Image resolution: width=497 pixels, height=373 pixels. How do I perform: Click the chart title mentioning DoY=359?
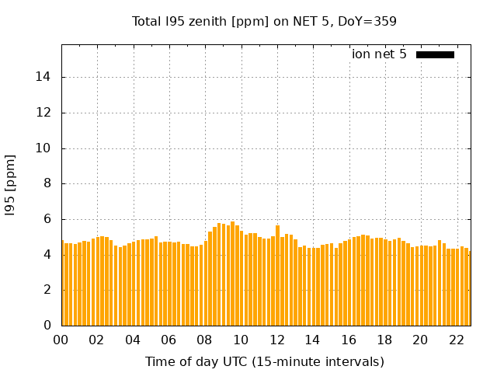[264, 21]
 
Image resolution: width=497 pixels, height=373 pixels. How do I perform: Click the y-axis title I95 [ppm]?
[11, 184]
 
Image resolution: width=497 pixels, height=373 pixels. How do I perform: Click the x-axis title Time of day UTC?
[264, 361]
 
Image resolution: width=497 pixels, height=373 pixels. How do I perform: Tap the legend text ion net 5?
[379, 54]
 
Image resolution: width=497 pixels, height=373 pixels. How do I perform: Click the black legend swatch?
[435, 54]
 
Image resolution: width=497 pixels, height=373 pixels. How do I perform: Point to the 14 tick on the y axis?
[44, 77]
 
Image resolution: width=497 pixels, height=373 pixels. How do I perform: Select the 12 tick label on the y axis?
[44, 113]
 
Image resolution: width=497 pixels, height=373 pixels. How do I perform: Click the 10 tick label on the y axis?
[44, 148]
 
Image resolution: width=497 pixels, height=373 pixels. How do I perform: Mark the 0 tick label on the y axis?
[47, 326]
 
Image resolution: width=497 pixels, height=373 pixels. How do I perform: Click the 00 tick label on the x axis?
[61, 340]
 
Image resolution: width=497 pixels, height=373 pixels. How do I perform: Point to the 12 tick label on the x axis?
[276, 340]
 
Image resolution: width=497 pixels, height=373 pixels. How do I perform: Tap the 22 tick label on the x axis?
[456, 340]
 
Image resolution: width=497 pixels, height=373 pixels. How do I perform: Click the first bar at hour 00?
[63, 284]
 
